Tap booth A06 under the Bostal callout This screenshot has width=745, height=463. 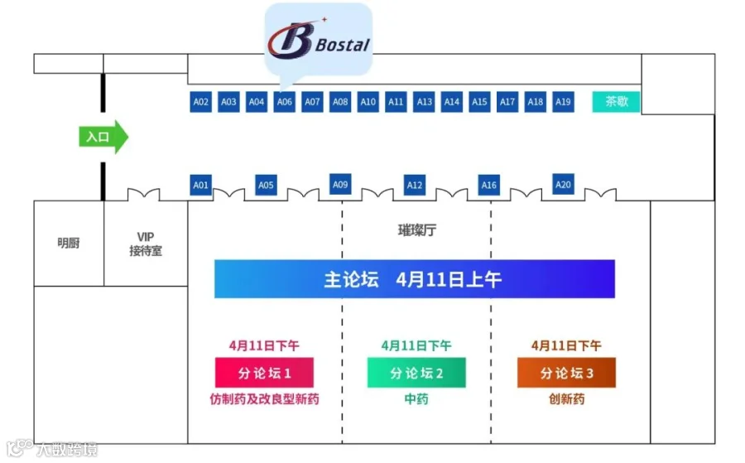pos(285,102)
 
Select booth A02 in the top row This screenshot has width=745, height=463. pos(200,102)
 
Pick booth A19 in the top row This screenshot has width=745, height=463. pos(563,102)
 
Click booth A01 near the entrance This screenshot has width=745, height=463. pos(200,185)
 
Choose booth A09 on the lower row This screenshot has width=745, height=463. pos(340,185)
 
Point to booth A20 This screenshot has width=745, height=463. pos(563,185)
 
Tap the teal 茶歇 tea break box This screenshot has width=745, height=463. pos(616,102)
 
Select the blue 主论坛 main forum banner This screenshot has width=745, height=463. pos(414,279)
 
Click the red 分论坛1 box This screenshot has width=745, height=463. pos(264,373)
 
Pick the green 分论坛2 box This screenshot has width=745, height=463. pos(416,373)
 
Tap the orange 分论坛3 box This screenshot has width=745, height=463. pos(567,373)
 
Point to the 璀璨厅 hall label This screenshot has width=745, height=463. pos(416,230)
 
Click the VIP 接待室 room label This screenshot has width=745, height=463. pos(146,244)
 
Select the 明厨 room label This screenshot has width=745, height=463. pos(69,244)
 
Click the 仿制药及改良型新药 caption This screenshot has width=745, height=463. pos(264,399)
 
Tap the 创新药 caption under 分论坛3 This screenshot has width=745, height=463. pos(567,399)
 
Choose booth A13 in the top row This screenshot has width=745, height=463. pos(424,102)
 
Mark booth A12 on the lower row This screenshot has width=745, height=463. pos(415,185)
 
